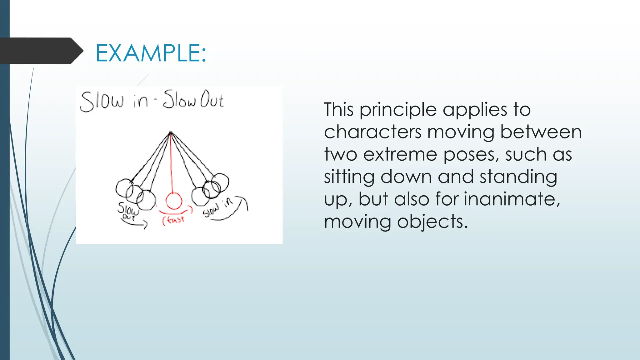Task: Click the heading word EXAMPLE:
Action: click(x=151, y=53)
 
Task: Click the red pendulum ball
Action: click(x=174, y=201)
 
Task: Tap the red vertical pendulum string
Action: click(x=171, y=162)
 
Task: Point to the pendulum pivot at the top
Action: click(x=170, y=133)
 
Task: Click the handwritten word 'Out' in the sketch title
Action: click(x=212, y=99)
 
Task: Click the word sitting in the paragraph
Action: click(x=349, y=177)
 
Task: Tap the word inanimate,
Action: click(x=512, y=199)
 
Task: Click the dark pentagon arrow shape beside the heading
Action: click(x=41, y=51)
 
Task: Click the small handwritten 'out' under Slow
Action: click(x=128, y=217)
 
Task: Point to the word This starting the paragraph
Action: click(x=338, y=110)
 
